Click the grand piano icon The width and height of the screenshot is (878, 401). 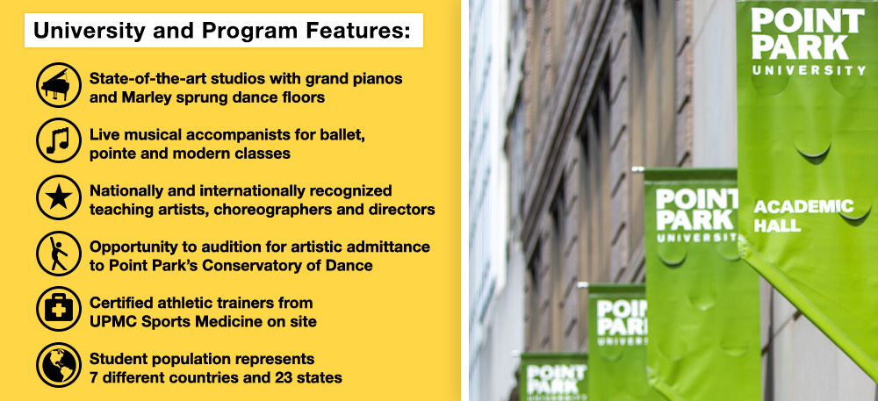59,85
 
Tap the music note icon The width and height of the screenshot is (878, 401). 59,141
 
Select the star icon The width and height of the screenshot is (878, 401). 59,197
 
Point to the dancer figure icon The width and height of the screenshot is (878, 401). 59,254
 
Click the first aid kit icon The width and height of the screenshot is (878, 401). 59,309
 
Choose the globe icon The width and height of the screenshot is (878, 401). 59,365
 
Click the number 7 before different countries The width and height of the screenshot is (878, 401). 94,377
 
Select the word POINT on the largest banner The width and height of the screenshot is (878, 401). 808,21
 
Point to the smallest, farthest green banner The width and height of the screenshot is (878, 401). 553,376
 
